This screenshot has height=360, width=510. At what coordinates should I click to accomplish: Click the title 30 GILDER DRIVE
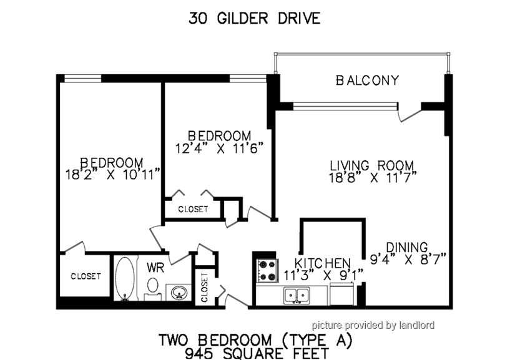pos(254,19)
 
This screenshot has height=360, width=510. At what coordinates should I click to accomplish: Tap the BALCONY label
pos(367,80)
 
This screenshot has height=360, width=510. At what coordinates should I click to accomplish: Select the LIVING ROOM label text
pos(372,165)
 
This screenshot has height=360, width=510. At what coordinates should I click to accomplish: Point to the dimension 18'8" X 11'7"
pos(373,178)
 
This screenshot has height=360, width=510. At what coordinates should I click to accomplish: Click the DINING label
pos(407,247)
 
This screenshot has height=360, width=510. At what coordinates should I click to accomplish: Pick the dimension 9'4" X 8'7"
pos(408,260)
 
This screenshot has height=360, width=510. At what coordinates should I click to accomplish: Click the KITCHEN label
pos(322,263)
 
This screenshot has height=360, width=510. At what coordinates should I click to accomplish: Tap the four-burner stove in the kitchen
pos(268,271)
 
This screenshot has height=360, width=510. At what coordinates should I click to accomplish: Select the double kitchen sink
pos(297,296)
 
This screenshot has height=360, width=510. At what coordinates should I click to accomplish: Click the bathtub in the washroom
pos(125,278)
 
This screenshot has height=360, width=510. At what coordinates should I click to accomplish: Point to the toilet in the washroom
pos(152,288)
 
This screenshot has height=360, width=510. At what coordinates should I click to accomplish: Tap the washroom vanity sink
pos(179,293)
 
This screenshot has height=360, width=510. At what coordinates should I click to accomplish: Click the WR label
pos(155,268)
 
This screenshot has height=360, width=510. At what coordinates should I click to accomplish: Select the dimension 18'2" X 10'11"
pos(113,175)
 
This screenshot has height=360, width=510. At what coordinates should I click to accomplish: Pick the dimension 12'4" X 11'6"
pos(219,148)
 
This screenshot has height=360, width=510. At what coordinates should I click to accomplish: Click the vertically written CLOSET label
pos(204,288)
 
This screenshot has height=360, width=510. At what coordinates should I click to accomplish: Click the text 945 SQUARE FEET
pos(257,353)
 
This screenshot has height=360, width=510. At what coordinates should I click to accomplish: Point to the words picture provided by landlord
pos(373,325)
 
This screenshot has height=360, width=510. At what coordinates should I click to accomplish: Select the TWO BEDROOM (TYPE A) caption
pos(255,341)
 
